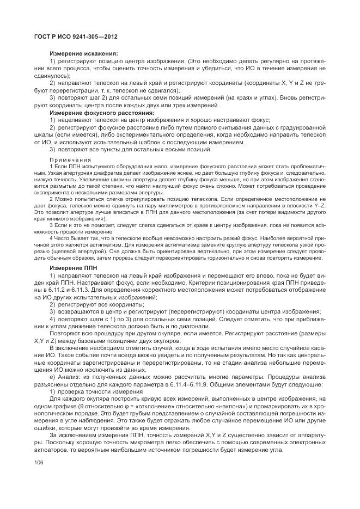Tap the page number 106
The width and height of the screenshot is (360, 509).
(x=39, y=462)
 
